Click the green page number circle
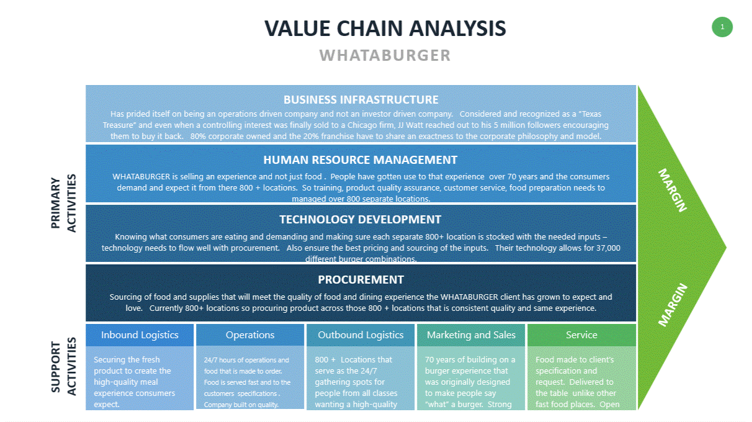click(x=722, y=27)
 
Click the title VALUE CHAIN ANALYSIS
click(x=385, y=29)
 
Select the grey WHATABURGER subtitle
click(x=385, y=55)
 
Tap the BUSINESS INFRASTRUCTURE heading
click(x=360, y=100)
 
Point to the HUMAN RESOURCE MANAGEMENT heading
click(x=360, y=160)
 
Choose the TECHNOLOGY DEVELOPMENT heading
click(x=360, y=220)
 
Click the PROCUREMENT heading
click(x=360, y=280)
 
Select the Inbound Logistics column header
click(x=140, y=335)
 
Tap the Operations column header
click(x=250, y=335)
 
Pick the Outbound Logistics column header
click(x=360, y=335)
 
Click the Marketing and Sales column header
click(x=471, y=335)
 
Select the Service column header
click(x=581, y=335)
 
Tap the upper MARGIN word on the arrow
click(x=673, y=190)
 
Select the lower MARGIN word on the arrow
click(x=673, y=305)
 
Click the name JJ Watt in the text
click(x=411, y=125)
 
